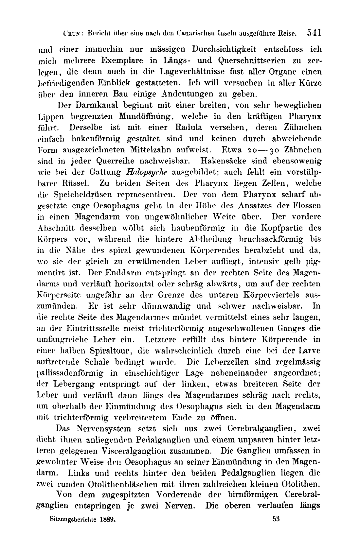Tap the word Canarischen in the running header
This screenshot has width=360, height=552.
point(196,33)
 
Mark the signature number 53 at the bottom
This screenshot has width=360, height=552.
point(276,519)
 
